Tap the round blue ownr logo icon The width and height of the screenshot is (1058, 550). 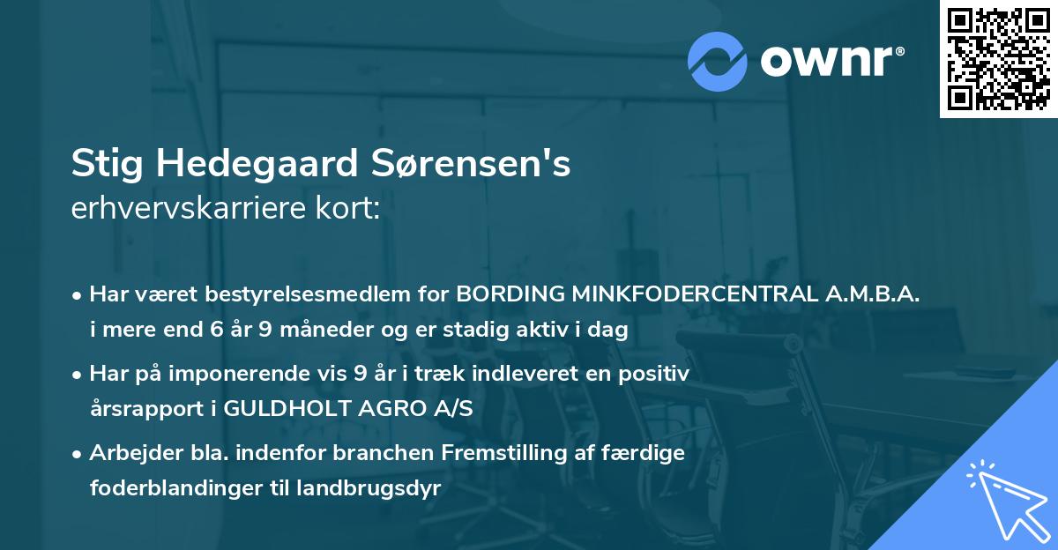pos(717,62)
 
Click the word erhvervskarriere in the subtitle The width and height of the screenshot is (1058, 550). pos(177,210)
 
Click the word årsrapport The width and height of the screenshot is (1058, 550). pos(142,409)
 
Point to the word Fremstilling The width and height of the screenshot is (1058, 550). pos(502,454)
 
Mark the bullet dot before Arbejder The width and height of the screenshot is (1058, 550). pos(78,455)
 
